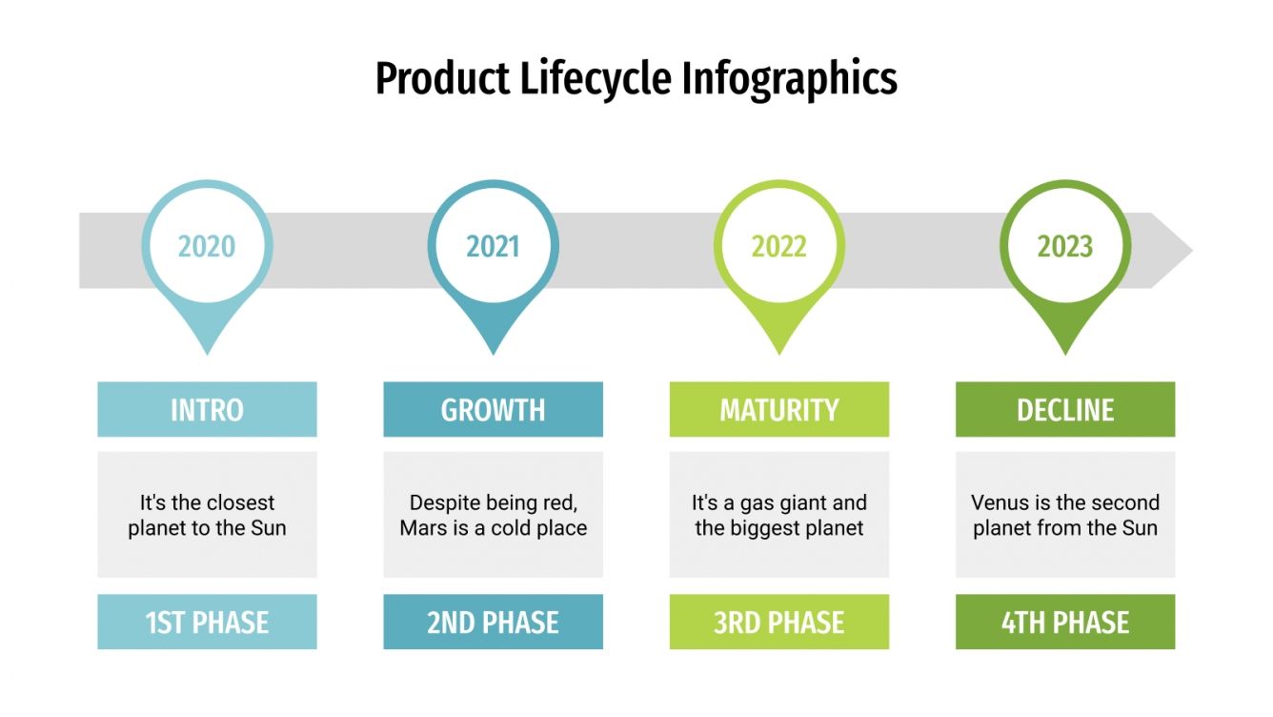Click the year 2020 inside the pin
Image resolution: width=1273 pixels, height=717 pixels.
click(207, 247)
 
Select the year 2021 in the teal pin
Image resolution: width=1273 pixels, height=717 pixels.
click(493, 247)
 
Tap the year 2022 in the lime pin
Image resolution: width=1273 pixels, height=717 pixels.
click(778, 247)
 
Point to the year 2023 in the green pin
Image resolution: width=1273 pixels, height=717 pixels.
click(1064, 247)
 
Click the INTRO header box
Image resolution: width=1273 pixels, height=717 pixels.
click(207, 410)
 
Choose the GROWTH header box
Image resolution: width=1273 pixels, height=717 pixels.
click(493, 410)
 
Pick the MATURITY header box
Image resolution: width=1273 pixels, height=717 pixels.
click(778, 410)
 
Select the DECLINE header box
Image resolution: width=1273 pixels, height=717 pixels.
click(1064, 410)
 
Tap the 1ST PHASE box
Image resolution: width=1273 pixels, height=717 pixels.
click(207, 623)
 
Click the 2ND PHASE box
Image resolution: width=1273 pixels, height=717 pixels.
click(493, 623)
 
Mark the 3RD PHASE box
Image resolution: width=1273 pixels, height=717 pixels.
click(778, 623)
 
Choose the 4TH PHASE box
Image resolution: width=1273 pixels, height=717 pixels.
click(1064, 623)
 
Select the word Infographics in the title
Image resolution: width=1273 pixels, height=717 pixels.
click(790, 78)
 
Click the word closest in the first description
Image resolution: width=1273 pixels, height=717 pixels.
click(241, 502)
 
